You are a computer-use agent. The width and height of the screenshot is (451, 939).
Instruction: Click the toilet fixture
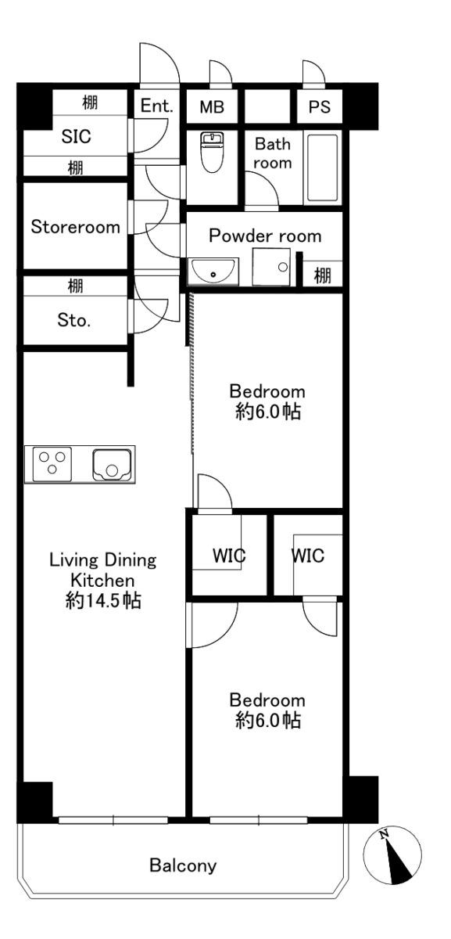212,151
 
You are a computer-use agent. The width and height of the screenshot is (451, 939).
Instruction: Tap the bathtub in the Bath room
322,167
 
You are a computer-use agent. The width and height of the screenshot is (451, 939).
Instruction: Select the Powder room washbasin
213,272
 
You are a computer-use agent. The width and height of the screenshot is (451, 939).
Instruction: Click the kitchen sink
112,465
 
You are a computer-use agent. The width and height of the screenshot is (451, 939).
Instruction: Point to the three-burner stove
52,464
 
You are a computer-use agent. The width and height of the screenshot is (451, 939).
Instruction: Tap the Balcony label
183,865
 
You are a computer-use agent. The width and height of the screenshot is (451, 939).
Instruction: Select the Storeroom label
75,227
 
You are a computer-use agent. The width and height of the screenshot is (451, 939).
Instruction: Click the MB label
212,107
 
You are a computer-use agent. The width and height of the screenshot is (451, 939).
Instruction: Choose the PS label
320,107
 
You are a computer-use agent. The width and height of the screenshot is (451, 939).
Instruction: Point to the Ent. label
156,106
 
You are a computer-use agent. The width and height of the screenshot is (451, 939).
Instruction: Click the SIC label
77,137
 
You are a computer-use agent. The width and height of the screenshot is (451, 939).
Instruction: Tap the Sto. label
74,320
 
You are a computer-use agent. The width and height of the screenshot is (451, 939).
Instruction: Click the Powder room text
265,236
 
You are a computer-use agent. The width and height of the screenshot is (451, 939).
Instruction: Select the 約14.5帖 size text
103,601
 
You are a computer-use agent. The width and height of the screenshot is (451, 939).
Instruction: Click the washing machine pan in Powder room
271,267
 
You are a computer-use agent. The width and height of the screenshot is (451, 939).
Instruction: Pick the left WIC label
229,556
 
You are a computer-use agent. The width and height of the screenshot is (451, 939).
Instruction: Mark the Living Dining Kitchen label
103,570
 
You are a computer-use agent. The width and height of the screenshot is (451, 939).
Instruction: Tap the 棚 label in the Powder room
323,275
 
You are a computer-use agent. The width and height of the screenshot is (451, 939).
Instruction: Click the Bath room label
273,153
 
